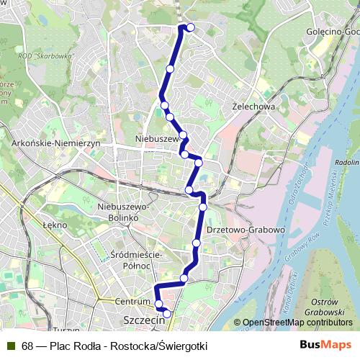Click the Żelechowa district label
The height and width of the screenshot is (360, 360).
(254, 106)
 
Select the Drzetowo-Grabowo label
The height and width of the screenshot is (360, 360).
(246, 230)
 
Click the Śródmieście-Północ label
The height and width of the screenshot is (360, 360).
(136, 259)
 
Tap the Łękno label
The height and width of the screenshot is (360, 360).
(55, 225)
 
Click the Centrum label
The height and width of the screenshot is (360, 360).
(131, 301)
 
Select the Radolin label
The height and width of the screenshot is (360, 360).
(347, 163)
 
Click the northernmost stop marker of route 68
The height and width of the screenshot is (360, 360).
(191, 27)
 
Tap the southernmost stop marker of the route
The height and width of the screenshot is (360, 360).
(167, 313)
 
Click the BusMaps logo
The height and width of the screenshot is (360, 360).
(326, 346)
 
